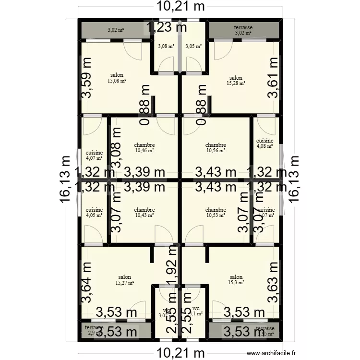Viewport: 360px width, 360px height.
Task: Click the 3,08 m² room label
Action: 166,46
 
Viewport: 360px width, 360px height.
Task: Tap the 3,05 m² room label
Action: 193,46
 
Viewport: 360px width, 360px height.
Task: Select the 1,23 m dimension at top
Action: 167,28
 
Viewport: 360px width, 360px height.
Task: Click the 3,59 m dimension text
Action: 86,78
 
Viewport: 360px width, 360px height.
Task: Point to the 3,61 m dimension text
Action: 273,78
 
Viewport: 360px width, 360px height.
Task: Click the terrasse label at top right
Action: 243,28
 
